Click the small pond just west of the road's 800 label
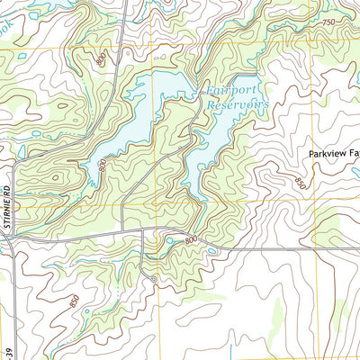[168, 239]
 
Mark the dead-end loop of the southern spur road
[154, 281]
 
